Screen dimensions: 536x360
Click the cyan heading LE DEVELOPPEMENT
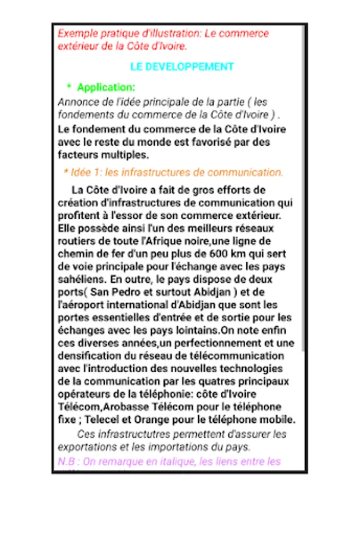(x=181, y=67)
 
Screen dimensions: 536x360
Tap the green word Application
(x=106, y=88)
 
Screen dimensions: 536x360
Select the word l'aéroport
(x=81, y=304)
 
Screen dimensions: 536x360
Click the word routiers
(x=76, y=241)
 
